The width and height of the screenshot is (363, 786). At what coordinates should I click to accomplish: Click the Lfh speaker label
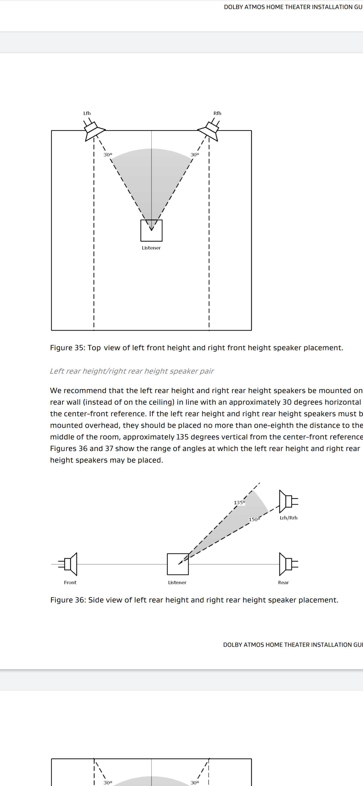(87, 113)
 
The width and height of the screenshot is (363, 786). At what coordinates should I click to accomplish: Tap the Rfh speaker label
(217, 113)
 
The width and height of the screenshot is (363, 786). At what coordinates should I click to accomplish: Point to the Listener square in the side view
(178, 564)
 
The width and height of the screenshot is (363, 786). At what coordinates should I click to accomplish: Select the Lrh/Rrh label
(288, 518)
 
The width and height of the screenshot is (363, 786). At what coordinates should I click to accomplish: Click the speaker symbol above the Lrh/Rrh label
(288, 501)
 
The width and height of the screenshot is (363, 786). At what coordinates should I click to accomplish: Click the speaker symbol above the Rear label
(288, 564)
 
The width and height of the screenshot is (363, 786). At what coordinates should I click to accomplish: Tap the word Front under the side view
(70, 582)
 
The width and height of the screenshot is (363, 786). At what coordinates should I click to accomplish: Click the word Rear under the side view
(283, 582)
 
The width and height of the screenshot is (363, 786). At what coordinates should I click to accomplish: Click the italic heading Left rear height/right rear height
(132, 371)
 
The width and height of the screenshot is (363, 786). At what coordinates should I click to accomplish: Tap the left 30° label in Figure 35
(108, 155)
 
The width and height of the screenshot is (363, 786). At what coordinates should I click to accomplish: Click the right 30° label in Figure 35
(195, 155)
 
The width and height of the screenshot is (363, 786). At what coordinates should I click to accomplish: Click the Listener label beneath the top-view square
(151, 248)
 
